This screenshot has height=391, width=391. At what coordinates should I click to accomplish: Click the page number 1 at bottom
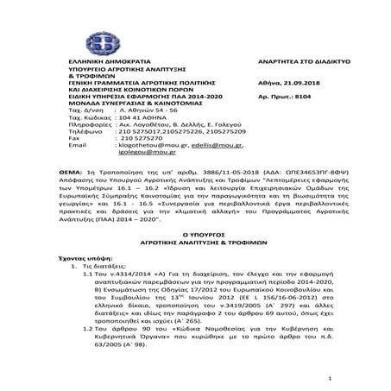[330, 379]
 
